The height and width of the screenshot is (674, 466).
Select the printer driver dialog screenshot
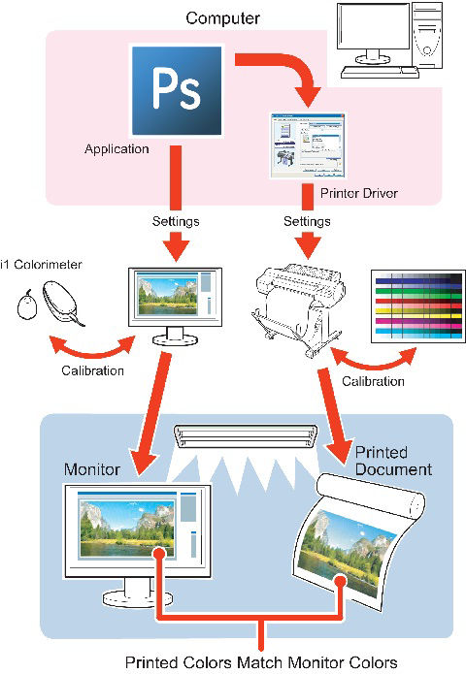pyautogui.click(x=308, y=146)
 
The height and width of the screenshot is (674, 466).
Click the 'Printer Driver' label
pyautogui.click(x=358, y=194)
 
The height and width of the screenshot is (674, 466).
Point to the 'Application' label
pyautogui.click(x=116, y=150)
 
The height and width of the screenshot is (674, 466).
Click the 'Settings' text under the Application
pyautogui.click(x=176, y=221)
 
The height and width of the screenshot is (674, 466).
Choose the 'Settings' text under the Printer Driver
pyautogui.click(x=308, y=221)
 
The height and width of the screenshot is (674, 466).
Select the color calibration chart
pyautogui.click(x=414, y=306)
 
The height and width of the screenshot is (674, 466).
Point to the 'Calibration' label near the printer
pyautogui.click(x=373, y=381)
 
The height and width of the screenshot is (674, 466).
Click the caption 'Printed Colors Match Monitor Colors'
pyautogui.click(x=261, y=662)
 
